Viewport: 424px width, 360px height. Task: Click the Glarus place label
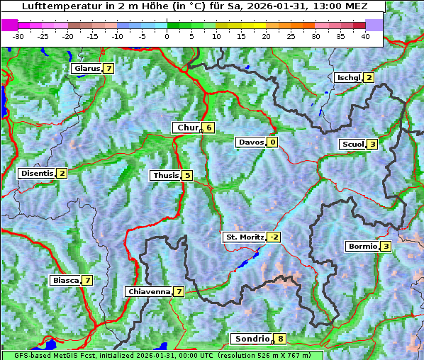pos(86,69)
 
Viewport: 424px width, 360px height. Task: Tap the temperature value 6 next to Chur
pos(209,128)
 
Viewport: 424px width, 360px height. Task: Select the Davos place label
pos(251,142)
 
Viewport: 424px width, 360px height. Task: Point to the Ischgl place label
pos(348,77)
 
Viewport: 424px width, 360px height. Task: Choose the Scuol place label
pos(352,144)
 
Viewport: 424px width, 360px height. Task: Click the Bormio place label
pos(362,247)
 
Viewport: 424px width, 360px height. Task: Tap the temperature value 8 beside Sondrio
pos(281,339)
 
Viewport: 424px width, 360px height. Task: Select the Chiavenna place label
pos(148,291)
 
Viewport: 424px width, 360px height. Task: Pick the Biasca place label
pos(66,281)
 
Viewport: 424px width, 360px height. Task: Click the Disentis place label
pos(36,173)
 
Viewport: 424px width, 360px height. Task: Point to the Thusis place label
pos(165,175)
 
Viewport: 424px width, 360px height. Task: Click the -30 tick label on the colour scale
pos(18,35)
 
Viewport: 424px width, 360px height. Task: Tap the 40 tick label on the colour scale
pos(365,35)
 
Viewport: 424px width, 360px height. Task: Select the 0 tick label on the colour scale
pos(167,35)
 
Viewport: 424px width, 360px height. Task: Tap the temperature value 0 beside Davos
pos(272,142)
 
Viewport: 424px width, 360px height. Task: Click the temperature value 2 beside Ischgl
pos(369,77)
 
